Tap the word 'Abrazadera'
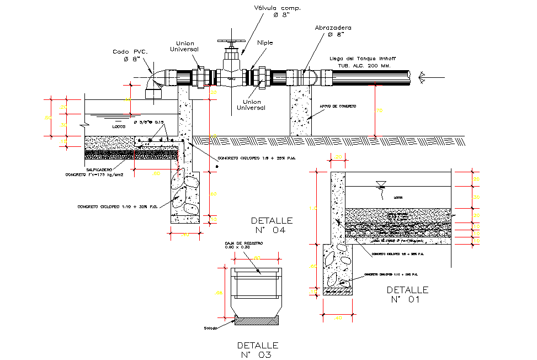click(x=333, y=27)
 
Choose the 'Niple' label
click(x=265, y=42)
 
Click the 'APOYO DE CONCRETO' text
click(x=338, y=106)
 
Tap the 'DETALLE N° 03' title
click(x=258, y=350)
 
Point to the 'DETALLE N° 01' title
click(x=407, y=295)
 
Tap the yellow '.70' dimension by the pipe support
click(x=379, y=111)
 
